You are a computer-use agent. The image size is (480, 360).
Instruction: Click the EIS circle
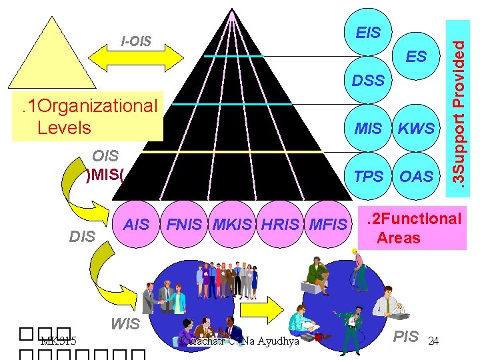click(369, 33)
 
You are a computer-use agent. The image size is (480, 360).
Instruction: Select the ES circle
click(416, 57)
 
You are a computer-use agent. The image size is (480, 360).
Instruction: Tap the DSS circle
click(369, 81)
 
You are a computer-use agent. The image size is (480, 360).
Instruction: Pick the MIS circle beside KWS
click(369, 129)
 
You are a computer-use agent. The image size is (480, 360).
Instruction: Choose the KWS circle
click(416, 129)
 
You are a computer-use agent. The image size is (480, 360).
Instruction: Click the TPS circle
click(369, 177)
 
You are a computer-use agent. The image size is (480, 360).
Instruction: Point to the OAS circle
click(416, 177)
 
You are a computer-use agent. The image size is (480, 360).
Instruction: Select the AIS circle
click(137, 225)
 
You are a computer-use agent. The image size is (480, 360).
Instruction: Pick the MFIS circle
click(328, 225)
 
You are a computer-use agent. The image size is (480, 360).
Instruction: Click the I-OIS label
click(136, 42)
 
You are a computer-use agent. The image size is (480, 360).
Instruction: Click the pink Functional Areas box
click(412, 228)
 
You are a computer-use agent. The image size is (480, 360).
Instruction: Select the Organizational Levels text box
click(89, 116)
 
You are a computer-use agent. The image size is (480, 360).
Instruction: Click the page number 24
click(433, 341)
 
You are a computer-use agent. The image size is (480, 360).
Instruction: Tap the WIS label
click(125, 325)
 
